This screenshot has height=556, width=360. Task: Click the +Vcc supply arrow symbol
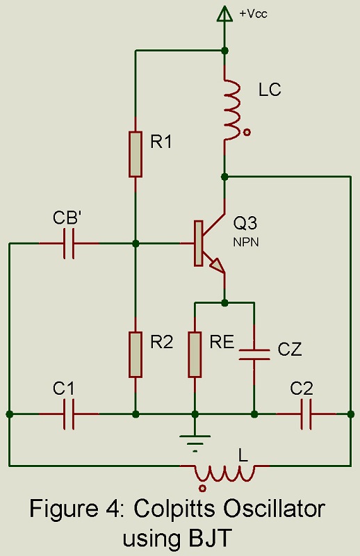(224, 13)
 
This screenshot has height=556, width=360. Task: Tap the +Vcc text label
(253, 14)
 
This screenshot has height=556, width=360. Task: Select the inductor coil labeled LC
(232, 110)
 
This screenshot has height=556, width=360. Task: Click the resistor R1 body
(135, 154)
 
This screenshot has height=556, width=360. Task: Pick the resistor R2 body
(135, 354)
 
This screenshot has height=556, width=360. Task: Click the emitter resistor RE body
(195, 354)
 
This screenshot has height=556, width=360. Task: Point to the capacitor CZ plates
(254, 354)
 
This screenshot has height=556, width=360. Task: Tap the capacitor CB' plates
(69, 244)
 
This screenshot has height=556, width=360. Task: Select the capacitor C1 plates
(69, 414)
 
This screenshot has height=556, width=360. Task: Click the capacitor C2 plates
(306, 414)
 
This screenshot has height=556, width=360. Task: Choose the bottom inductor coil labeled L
(224, 473)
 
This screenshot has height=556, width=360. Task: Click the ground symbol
(195, 444)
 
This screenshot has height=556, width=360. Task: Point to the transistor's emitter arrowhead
(217, 265)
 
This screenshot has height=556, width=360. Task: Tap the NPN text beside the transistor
(246, 242)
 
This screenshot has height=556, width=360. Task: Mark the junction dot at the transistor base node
(135, 244)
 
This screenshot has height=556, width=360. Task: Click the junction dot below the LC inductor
(224, 177)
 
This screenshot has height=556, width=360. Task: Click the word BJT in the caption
(212, 538)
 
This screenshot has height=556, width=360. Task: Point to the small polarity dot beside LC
(247, 133)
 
